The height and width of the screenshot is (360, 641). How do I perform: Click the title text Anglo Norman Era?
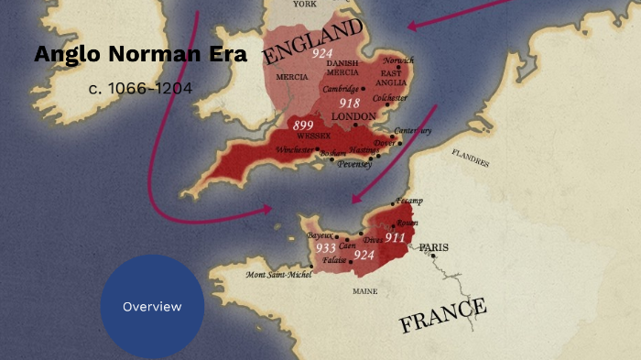click(140, 54)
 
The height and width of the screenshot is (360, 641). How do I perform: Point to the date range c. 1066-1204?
click(141, 88)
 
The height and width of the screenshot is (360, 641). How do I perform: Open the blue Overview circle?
click(152, 306)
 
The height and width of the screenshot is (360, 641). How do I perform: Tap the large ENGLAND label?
click(312, 42)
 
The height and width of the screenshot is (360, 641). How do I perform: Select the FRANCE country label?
click(442, 314)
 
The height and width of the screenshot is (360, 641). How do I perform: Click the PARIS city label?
click(434, 246)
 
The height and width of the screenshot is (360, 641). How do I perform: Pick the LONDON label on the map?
click(354, 116)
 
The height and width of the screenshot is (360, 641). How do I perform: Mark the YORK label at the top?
click(304, 5)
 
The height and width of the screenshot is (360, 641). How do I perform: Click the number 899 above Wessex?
click(303, 125)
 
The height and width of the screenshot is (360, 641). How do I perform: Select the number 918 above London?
click(349, 103)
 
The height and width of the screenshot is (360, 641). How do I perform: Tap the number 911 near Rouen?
click(395, 236)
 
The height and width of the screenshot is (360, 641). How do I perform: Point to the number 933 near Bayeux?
click(325, 248)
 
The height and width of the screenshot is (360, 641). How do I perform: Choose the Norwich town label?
click(398, 60)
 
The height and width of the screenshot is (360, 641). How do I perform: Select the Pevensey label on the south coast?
click(354, 165)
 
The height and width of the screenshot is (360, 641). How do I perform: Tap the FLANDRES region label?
click(471, 159)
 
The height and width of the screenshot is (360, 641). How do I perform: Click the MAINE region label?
click(364, 291)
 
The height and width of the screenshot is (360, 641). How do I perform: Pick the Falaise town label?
click(334, 261)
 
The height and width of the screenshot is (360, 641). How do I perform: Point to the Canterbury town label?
click(412, 130)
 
